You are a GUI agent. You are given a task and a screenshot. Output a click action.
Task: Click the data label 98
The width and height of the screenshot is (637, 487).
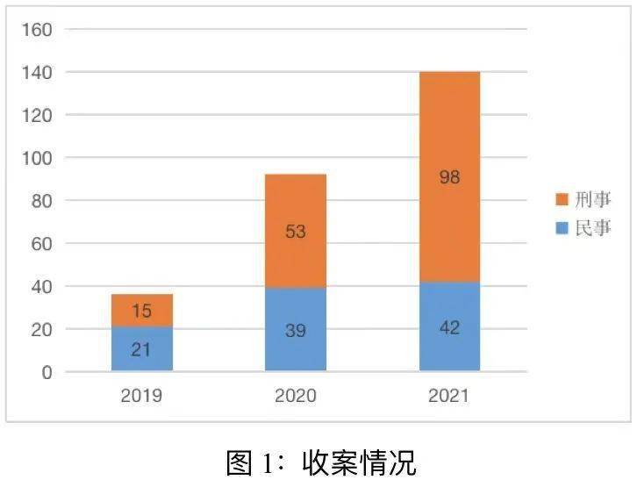pyautogui.click(x=449, y=177)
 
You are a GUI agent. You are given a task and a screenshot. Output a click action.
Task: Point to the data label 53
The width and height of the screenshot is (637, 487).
pyautogui.click(x=296, y=232)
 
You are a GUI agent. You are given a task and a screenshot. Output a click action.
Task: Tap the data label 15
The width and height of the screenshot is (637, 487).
pyautogui.click(x=141, y=311)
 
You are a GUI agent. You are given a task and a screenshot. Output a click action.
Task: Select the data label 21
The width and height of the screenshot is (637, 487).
pyautogui.click(x=141, y=349)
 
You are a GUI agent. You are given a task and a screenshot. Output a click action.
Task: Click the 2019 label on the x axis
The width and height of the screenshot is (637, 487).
pyautogui.click(x=141, y=396)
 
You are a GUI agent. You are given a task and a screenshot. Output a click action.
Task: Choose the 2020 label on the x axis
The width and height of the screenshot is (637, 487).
pyautogui.click(x=296, y=396)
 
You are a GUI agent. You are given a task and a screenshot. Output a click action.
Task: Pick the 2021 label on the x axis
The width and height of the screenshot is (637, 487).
pyautogui.click(x=449, y=396)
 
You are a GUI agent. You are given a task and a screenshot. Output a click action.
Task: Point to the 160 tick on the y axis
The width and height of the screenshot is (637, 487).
pyautogui.click(x=36, y=30)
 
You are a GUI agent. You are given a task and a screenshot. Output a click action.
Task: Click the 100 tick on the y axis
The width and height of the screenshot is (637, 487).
pyautogui.click(x=36, y=158)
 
